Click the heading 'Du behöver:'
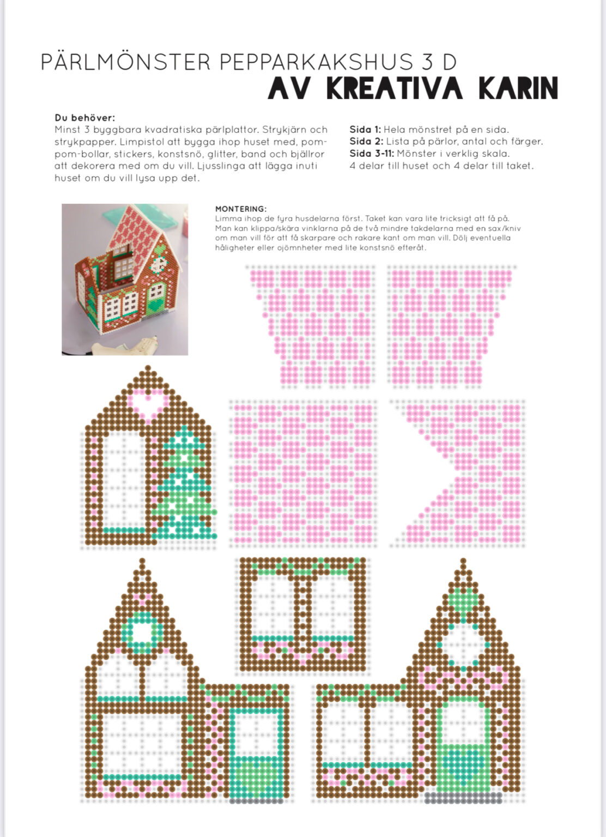[84, 118]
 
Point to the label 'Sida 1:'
[365, 130]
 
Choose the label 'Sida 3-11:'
[372, 154]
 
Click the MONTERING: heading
[240, 209]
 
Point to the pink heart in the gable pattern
[148, 403]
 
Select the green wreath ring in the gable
[143, 632]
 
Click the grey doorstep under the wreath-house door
[256, 800]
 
